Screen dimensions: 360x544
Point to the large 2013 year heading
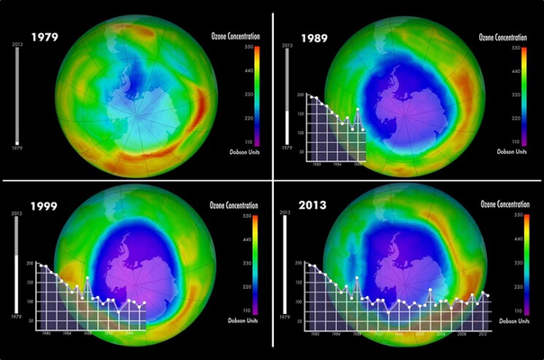click(x=314, y=206)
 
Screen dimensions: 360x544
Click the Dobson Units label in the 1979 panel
click(x=239, y=151)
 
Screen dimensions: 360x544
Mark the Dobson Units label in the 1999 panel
click(x=239, y=321)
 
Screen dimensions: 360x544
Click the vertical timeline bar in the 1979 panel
click(x=17, y=94)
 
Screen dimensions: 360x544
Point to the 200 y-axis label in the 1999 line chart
click(x=30, y=265)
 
